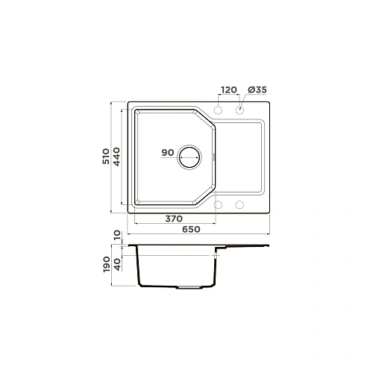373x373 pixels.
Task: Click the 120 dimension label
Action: coord(229,90)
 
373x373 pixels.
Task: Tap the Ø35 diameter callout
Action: coord(257,90)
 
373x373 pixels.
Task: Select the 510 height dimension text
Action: coord(106,156)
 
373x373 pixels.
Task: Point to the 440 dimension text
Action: coord(116,157)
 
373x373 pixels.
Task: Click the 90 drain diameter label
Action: coord(168,152)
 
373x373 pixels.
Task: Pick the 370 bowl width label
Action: coord(174,219)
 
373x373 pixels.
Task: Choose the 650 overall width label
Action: coord(191,229)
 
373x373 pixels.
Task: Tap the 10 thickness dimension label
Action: coord(117,235)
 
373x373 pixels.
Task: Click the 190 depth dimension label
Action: coord(107,264)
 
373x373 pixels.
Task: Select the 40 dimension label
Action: coord(117,264)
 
